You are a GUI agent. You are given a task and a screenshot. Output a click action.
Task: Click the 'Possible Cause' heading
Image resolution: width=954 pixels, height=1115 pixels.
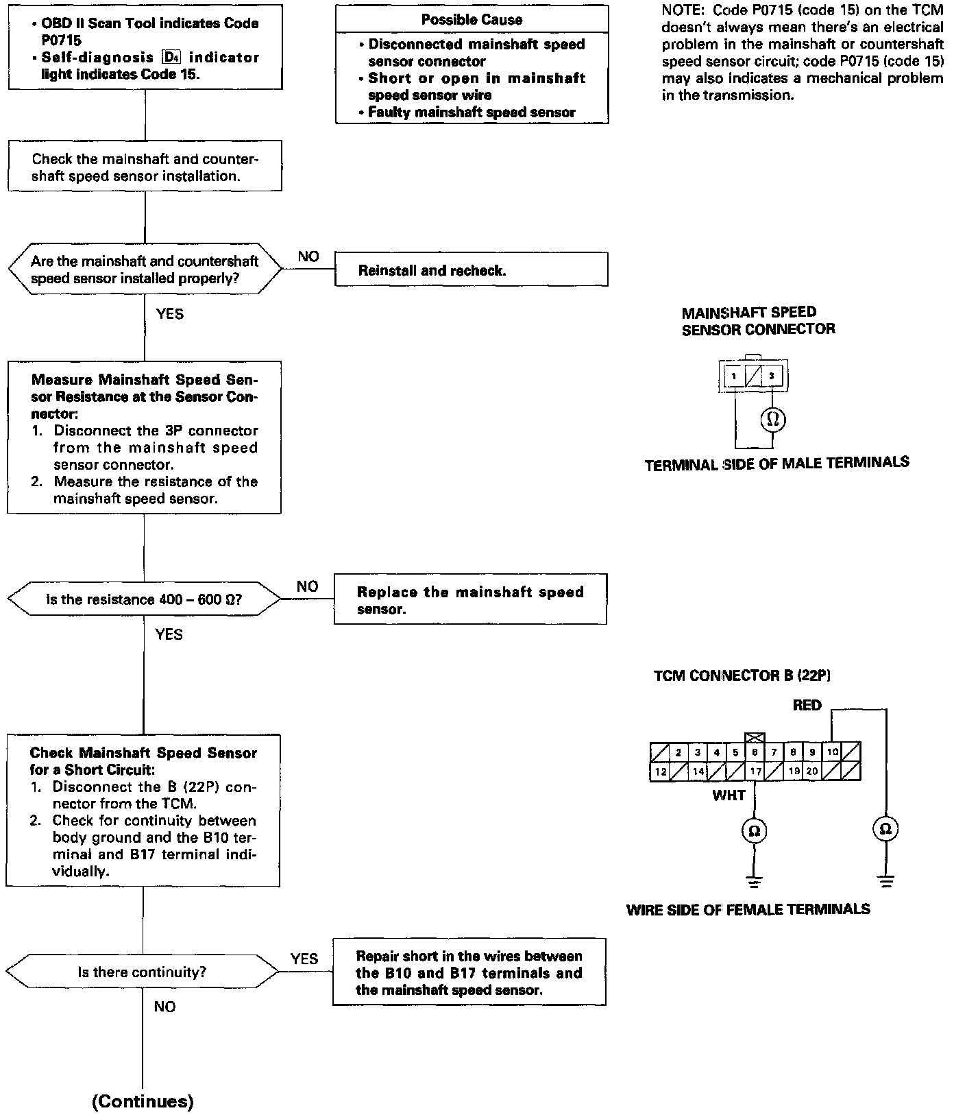click(x=472, y=20)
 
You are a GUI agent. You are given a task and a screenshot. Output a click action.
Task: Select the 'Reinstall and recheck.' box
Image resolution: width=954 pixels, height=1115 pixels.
click(x=471, y=269)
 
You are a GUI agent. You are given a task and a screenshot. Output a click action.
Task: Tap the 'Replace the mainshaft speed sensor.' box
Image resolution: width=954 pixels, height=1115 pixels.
click(x=470, y=600)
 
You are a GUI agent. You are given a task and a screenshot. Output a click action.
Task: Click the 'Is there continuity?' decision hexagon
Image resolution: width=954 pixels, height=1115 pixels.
click(x=143, y=972)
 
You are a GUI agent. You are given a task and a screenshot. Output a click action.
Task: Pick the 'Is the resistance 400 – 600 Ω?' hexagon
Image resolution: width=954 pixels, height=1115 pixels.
click(x=144, y=599)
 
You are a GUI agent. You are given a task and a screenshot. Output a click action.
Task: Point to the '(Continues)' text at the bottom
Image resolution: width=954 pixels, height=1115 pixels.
click(x=143, y=1101)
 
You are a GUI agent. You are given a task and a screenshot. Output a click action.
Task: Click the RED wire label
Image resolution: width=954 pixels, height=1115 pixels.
click(x=807, y=706)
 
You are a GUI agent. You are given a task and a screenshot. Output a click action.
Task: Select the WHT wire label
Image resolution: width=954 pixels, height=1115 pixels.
click(x=729, y=795)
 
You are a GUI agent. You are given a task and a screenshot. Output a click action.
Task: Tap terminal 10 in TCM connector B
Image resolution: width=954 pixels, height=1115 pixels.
click(x=832, y=752)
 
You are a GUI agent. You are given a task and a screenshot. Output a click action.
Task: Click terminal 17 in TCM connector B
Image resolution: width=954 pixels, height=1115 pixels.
click(x=755, y=771)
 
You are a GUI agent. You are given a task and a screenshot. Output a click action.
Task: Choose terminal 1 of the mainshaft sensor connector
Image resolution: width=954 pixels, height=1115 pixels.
click(x=733, y=376)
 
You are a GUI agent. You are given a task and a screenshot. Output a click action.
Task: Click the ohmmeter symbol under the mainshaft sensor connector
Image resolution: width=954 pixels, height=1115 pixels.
click(x=772, y=419)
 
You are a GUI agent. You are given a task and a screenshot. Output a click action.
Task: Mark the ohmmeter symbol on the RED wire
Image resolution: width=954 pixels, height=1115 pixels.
click(x=885, y=830)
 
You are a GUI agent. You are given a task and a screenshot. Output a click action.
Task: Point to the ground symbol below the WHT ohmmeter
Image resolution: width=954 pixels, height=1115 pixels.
click(x=754, y=881)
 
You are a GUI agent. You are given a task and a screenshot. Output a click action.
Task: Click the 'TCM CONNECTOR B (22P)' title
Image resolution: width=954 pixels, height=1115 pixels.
click(x=742, y=675)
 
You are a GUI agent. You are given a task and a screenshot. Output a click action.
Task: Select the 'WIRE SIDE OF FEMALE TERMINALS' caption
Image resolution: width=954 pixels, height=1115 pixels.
click(x=748, y=909)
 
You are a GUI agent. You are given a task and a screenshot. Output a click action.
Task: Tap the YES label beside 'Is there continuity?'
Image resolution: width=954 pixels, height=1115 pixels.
click(x=304, y=959)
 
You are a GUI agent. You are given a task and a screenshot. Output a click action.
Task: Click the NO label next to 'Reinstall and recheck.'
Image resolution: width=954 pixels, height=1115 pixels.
click(x=308, y=256)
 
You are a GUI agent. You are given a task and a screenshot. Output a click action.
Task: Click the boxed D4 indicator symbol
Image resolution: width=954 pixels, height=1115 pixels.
click(x=171, y=58)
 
